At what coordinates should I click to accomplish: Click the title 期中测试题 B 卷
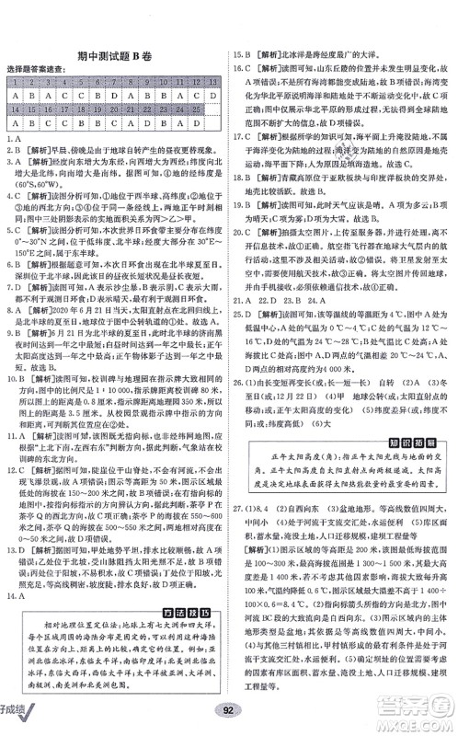115,55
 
